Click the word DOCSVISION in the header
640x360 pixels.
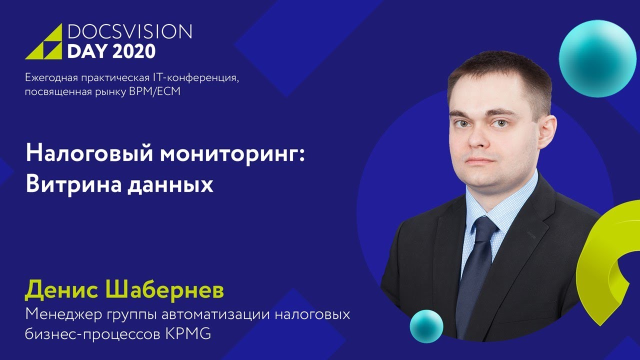coord(129,32)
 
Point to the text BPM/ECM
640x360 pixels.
coord(162,92)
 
